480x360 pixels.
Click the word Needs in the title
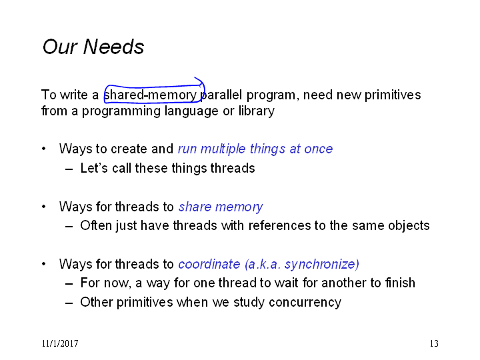tap(113, 47)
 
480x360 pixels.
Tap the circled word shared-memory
tap(150, 95)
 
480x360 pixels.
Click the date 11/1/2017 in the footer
tap(60, 343)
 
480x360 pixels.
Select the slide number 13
tap(434, 343)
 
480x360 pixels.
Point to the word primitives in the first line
tap(393, 95)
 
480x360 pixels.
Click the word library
tap(257, 111)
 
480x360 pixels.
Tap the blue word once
tap(319, 149)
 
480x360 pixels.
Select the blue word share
tap(195, 207)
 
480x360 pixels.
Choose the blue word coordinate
tap(209, 264)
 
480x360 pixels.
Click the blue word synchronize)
tap(322, 265)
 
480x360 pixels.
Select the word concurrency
tap(305, 303)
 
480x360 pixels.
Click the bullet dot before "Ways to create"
tap(44, 149)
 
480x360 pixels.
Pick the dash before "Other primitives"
tap(69, 303)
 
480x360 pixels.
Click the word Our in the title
tap(60, 47)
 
